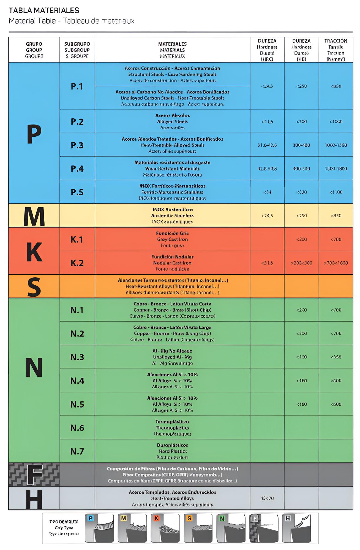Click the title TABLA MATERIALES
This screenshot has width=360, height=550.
pos(44,10)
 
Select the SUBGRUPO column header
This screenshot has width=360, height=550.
pos(77,50)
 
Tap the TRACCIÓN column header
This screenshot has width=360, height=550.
pos(336,50)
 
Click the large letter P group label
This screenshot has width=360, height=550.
pos(34,134)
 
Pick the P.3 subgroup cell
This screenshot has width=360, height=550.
pos(77,145)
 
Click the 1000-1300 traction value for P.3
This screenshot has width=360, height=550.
pos(336,145)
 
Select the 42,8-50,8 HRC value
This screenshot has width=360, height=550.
pos(267,169)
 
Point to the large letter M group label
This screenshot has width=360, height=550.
pos(34,216)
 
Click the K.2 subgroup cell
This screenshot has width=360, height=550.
pos(77,263)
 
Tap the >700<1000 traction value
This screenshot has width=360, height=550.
pos(336,263)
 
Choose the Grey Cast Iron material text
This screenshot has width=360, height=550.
pos(172,239)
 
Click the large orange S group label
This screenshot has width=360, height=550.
pos(34,287)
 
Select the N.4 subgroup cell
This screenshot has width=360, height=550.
pos(77,381)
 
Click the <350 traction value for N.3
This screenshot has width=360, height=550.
pos(336,357)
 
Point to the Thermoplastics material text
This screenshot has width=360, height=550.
pos(172,428)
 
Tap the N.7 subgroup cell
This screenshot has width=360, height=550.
pos(77,451)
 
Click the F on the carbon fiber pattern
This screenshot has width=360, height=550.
pos(35,475)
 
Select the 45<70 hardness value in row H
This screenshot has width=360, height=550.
pos(267,498)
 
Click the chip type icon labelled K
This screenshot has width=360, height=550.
pos(165,528)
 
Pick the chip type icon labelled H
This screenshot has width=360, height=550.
pos(297,528)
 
